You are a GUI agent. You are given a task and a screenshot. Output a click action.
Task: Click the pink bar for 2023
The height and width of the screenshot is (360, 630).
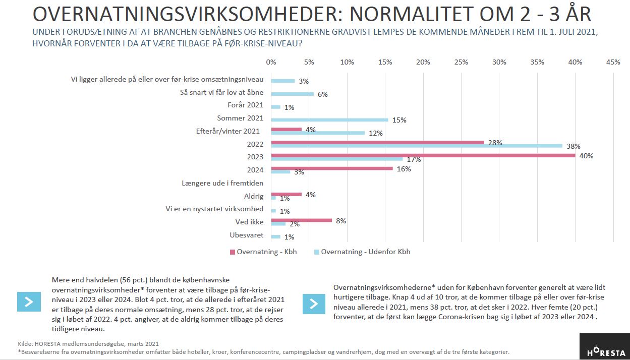(x=423, y=155)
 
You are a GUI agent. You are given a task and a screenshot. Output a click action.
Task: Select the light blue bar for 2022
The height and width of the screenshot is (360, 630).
(x=417, y=146)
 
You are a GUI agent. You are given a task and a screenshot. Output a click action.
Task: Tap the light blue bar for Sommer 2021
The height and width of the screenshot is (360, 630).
(x=329, y=120)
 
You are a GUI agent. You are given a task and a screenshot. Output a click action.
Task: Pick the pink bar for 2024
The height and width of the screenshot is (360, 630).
(x=332, y=168)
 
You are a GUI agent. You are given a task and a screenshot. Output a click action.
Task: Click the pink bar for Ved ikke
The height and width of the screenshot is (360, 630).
(x=302, y=220)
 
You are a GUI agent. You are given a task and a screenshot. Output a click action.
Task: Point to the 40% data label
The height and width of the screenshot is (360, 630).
(x=586, y=156)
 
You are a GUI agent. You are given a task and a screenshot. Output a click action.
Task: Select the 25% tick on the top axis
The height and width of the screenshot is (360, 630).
(x=461, y=62)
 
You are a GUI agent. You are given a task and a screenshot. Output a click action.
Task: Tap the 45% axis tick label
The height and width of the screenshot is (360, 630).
(x=613, y=62)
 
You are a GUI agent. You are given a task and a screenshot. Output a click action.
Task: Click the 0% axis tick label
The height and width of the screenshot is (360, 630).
(x=271, y=62)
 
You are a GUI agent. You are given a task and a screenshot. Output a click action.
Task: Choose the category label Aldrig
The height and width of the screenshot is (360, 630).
(x=254, y=196)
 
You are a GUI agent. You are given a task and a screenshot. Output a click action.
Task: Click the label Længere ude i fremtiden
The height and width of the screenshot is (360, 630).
(x=222, y=183)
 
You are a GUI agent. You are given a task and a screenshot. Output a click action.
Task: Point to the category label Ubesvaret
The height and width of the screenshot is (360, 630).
(x=247, y=235)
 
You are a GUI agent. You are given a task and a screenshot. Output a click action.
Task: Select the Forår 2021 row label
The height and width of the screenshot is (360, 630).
(x=246, y=105)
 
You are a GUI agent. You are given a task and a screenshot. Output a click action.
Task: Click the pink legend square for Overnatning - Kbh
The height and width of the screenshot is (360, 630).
(x=233, y=252)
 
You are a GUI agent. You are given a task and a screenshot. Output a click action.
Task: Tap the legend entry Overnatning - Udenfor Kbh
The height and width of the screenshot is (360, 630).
(x=362, y=252)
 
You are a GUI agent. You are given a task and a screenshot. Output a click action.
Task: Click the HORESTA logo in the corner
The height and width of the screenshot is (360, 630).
(x=605, y=346)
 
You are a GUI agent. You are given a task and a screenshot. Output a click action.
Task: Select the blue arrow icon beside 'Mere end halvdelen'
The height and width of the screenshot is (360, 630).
(x=29, y=302)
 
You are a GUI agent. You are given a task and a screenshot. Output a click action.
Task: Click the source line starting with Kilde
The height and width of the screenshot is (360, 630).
(x=88, y=344)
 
